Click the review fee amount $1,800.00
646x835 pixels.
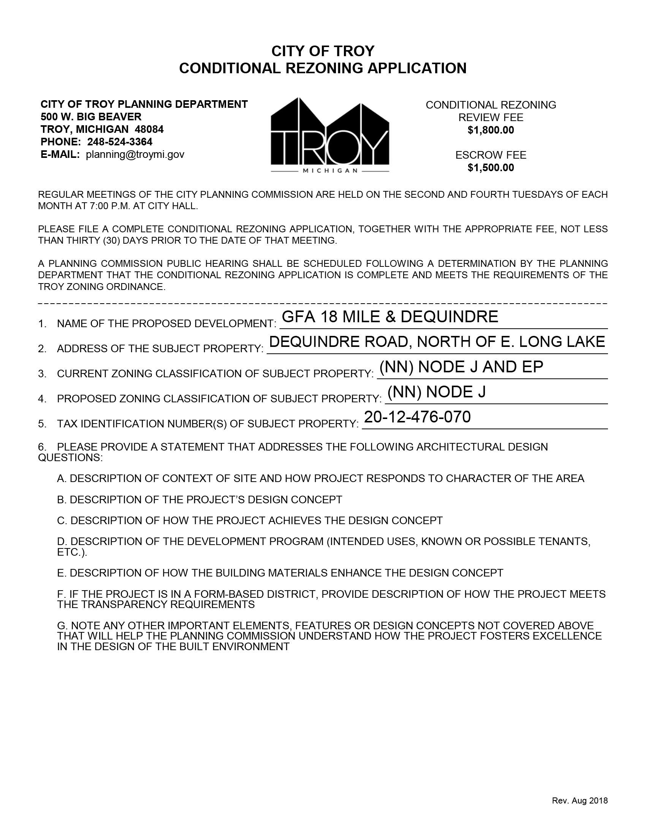(x=491, y=130)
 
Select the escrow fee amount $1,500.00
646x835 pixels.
(x=491, y=168)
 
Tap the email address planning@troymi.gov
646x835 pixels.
(x=135, y=154)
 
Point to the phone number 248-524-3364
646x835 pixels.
(x=120, y=142)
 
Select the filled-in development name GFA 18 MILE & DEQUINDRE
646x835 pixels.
(x=389, y=317)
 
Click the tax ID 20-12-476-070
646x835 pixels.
(x=417, y=417)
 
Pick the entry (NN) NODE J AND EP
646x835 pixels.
(x=461, y=367)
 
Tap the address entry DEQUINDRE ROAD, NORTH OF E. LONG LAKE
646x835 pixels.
(x=437, y=342)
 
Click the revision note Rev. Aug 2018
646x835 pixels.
(x=579, y=800)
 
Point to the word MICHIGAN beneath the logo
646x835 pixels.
(x=330, y=171)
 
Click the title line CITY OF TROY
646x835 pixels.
(x=323, y=51)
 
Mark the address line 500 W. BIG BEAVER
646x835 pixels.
(x=91, y=117)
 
